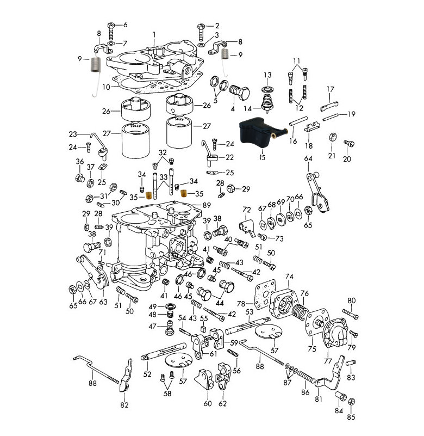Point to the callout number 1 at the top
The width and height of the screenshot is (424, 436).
click(154, 34)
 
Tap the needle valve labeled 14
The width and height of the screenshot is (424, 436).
click(267, 103)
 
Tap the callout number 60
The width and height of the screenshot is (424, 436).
click(208, 403)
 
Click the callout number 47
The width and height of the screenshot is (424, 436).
click(153, 327)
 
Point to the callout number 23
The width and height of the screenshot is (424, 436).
click(72, 134)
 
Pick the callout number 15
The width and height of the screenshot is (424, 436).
click(262, 158)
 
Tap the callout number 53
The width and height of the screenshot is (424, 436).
click(249, 312)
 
